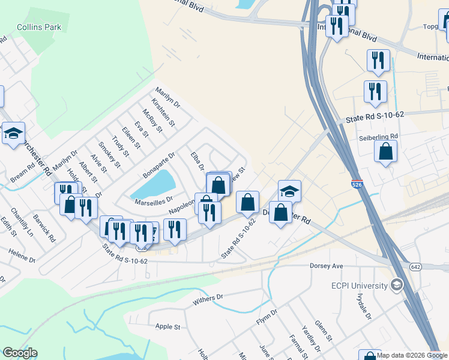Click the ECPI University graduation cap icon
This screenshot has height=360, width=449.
click(x=396, y=284)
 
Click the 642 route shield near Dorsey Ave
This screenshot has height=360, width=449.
click(x=415, y=266)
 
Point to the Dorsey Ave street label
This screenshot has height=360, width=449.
click(x=326, y=265)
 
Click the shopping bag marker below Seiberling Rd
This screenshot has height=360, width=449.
click(x=385, y=152)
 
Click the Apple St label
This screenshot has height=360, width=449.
click(x=168, y=326)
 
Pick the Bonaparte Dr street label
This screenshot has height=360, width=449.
click(x=158, y=165)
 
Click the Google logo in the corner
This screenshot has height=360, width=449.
click(x=20, y=353)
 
